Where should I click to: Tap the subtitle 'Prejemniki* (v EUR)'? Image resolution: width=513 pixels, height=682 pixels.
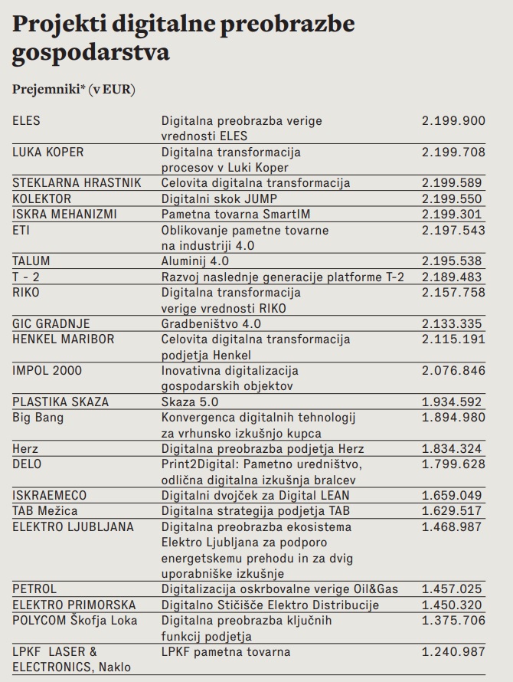[74, 89]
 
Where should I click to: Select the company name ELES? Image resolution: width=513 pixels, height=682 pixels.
[26, 121]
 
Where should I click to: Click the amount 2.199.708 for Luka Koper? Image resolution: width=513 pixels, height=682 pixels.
[453, 152]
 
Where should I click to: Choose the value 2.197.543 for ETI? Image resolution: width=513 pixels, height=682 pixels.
[453, 230]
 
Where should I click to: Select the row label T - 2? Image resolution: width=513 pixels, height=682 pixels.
[25, 277]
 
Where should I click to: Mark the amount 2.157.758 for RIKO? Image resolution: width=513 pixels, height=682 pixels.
[453, 293]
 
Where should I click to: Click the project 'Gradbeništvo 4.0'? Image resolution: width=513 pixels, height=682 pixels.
[211, 323]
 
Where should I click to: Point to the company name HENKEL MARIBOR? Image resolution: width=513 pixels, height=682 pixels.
[64, 339]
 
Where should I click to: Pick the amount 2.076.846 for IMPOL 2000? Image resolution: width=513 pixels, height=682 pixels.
[453, 371]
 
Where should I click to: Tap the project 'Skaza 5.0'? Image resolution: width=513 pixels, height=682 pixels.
[188, 402]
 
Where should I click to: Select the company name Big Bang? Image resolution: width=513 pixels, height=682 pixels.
[38, 418]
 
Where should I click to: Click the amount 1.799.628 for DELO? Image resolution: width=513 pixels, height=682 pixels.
[453, 464]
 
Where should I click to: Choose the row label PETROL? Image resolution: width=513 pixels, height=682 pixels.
[34, 589]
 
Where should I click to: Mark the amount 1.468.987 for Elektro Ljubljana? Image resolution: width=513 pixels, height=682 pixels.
[453, 526]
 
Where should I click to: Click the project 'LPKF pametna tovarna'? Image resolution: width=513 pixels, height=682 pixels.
[226, 651]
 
